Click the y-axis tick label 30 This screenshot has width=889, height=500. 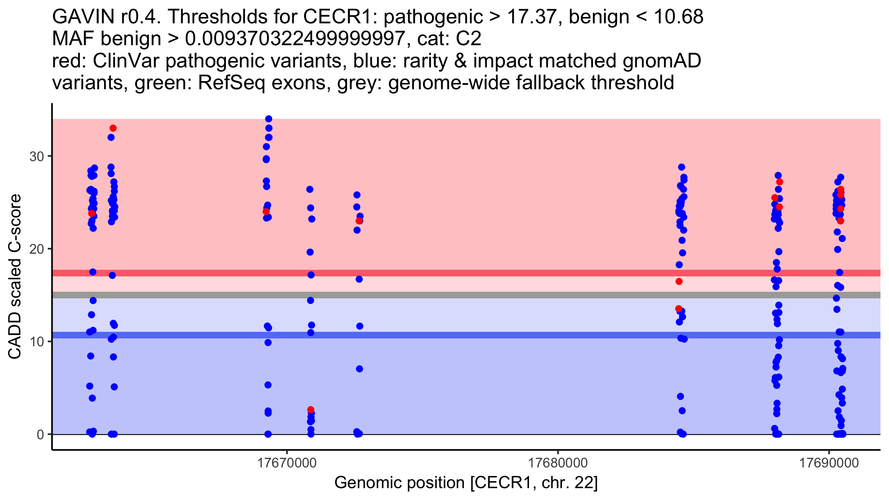tap(37, 156)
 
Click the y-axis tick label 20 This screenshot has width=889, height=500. tap(37, 249)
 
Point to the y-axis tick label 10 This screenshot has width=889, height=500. tap(37, 341)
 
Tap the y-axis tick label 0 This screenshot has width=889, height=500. tap(40, 434)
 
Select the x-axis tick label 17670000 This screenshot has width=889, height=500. tap(287, 463)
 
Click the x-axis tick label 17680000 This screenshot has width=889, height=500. tap(558, 463)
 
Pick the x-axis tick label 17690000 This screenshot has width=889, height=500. tap(829, 463)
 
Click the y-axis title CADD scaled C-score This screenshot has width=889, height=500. tap(15, 277)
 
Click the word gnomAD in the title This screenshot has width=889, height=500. tap(662, 61)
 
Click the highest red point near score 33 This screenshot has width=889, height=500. tap(113, 128)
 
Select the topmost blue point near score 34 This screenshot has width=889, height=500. tap(269, 119)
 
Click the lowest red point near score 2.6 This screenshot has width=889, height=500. tap(311, 410)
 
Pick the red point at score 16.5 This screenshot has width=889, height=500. tap(679, 281)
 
